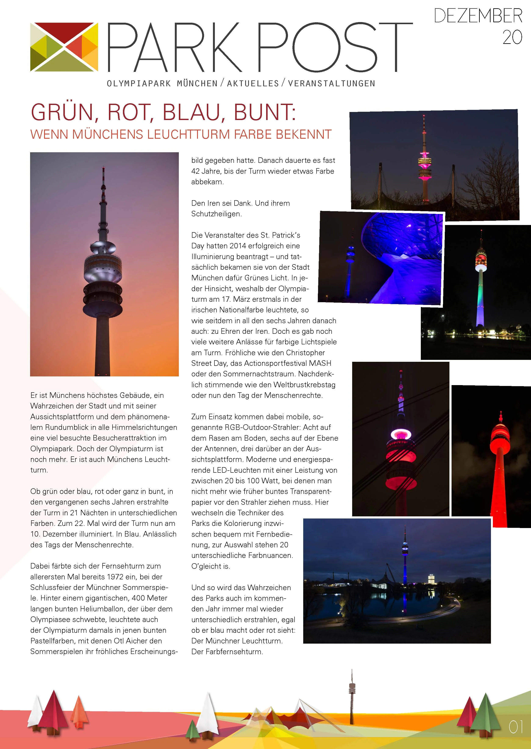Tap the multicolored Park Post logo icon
point(64,47)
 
